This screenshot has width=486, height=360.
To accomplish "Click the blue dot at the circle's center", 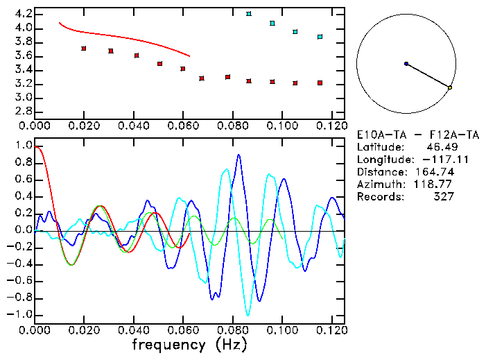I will pyautogui.click(x=406, y=64).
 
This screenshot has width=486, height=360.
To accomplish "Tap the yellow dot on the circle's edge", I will pyautogui.click(x=450, y=88).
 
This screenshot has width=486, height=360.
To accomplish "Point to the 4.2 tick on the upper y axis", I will pyautogui.click(x=21, y=14).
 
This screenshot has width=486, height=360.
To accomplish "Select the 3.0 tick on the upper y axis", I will pyautogui.click(x=21, y=98).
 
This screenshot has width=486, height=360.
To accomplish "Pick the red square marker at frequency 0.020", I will pyautogui.click(x=84, y=49).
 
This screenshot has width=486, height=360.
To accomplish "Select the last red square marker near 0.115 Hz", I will pyautogui.click(x=320, y=83).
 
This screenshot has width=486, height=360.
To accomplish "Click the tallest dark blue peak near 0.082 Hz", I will pyautogui.click(x=238, y=155).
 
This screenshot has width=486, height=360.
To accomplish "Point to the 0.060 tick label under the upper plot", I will pyautogui.click(x=183, y=126).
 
